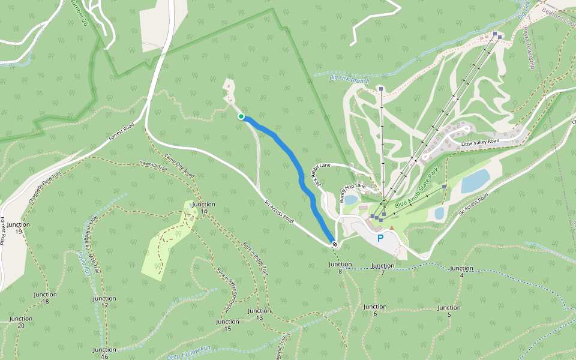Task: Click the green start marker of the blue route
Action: pyautogui.click(x=241, y=116)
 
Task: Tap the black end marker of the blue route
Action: pyautogui.click(x=334, y=244)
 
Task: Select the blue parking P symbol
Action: pyautogui.click(x=380, y=239)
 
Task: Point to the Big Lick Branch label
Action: pyautogui.click(x=349, y=78)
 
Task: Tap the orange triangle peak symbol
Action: pyautogui.click(x=392, y=228)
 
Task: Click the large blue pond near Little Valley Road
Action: pyautogui.click(x=475, y=181)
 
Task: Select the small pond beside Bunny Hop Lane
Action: pyautogui.click(x=351, y=200)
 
